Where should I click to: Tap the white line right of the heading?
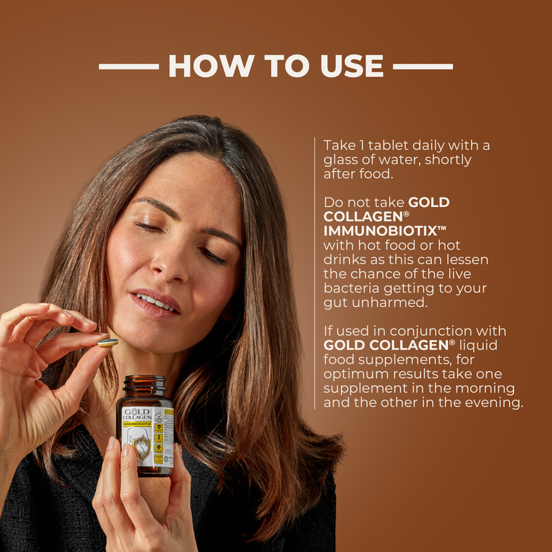coord(422,67)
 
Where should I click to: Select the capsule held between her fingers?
coord(108,342)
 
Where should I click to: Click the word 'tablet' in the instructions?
coord(378,145)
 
